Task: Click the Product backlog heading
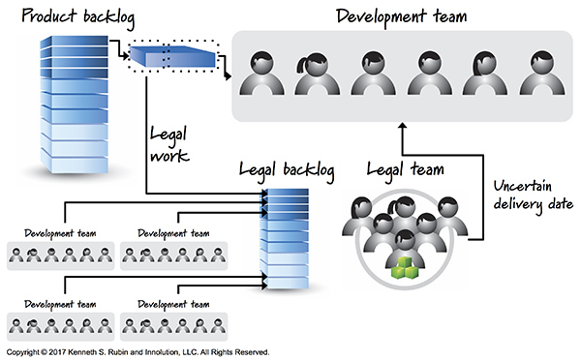click(60, 18)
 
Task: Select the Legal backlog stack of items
click(286, 237)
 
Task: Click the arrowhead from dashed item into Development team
click(228, 75)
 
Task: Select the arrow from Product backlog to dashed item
click(117, 48)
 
